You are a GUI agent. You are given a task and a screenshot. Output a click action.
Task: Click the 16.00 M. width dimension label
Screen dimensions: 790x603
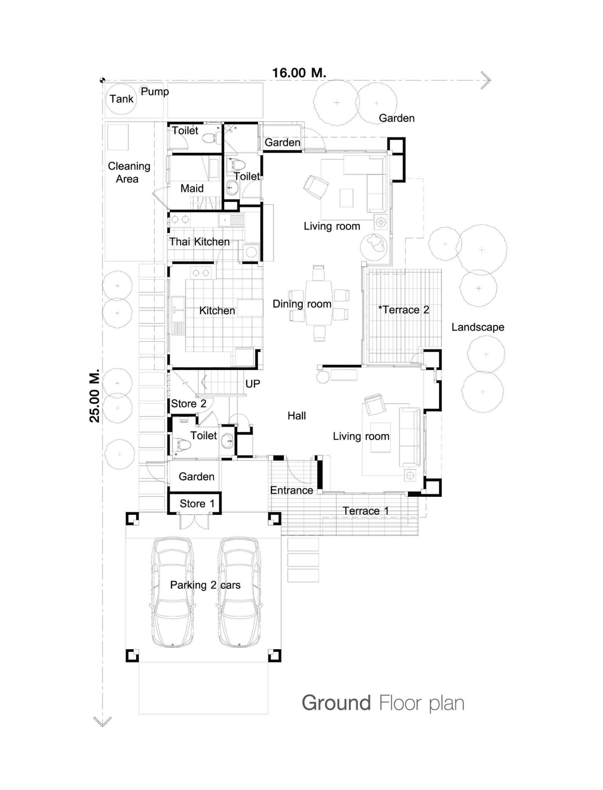click(299, 73)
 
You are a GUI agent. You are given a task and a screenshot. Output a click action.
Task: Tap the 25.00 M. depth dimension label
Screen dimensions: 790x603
click(95, 396)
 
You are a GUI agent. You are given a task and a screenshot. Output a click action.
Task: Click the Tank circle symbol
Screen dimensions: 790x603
click(121, 99)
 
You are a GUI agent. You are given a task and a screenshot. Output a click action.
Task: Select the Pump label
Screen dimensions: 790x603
click(155, 91)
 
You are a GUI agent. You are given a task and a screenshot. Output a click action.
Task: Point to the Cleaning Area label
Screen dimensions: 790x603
click(128, 172)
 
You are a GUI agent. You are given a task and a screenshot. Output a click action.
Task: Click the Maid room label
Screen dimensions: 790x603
click(192, 188)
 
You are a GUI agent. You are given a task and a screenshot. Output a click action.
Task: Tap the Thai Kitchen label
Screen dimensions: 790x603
click(199, 242)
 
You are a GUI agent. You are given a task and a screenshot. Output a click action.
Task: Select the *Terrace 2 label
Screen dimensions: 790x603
click(404, 310)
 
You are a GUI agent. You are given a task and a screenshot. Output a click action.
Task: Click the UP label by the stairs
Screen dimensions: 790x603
click(253, 384)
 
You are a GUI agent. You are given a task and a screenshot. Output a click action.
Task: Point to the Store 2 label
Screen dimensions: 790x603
click(189, 403)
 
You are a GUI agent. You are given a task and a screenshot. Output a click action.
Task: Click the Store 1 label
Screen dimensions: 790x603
click(197, 503)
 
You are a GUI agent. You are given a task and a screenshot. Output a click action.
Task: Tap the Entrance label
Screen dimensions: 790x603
click(291, 490)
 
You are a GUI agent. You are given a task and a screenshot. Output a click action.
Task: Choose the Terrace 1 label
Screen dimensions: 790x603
click(366, 511)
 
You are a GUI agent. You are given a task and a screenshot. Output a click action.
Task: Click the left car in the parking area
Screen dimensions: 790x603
click(172, 592)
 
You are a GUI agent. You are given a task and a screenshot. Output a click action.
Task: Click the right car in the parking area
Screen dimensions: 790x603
click(239, 592)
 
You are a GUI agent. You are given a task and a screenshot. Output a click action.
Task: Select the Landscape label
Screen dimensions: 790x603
click(478, 327)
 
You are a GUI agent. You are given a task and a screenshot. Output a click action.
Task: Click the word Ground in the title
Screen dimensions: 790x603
click(336, 703)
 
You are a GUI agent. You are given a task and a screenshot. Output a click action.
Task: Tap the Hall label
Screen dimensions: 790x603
click(296, 416)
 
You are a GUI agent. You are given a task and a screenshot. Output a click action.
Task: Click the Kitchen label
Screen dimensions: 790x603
click(217, 311)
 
